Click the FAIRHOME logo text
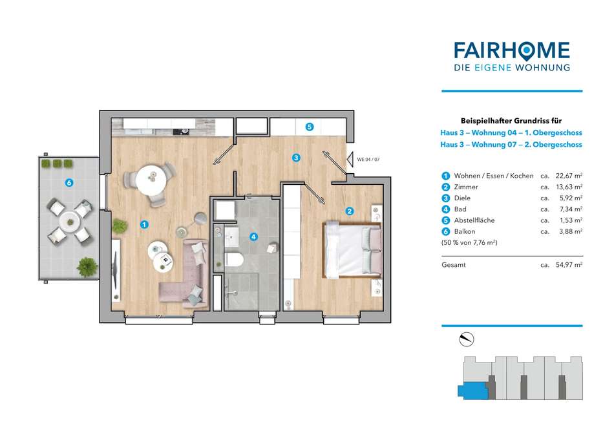[512, 51]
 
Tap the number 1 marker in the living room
[145, 224]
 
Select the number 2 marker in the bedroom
[350, 211]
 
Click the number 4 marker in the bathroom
[254, 237]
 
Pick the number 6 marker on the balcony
[69, 182]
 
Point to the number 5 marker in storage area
[310, 127]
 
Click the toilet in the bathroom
[234, 259]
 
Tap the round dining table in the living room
[151, 179]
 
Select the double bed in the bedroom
[352, 249]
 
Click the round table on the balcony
[70, 222]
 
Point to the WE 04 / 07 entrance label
[368, 160]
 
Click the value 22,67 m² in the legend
[569, 176]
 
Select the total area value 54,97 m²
[569, 265]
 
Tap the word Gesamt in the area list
[454, 265]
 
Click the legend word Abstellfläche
[474, 220]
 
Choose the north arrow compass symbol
[467, 339]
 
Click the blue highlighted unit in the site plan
[473, 391]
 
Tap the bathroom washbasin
[231, 237]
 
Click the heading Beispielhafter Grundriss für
[511, 121]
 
